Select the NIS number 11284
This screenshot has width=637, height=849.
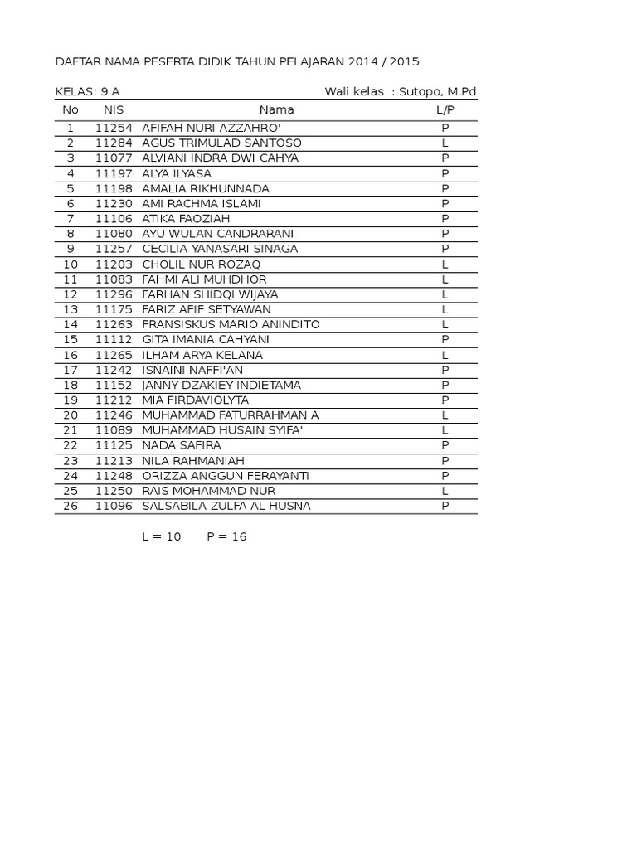tap(114, 143)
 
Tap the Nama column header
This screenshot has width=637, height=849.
tap(276, 109)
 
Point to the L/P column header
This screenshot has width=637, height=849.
tap(445, 109)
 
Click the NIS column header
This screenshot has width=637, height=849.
tap(114, 109)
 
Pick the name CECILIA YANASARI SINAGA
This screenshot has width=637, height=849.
tap(220, 249)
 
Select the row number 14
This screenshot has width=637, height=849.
tap(71, 324)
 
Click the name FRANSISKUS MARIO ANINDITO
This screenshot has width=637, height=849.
tap(231, 324)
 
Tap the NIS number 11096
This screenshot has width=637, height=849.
tap(114, 506)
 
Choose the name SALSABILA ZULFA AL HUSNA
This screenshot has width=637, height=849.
tap(226, 506)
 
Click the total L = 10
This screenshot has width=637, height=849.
tap(162, 536)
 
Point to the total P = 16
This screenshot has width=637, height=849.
tap(226, 536)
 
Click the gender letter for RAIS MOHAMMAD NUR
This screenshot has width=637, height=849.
tap(445, 491)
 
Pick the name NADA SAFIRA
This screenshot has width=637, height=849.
tap(182, 445)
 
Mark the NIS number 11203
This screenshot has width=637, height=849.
tap(114, 264)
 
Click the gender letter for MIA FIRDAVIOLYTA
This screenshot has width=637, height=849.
tap(445, 400)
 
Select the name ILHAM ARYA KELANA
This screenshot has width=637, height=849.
tap(202, 355)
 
